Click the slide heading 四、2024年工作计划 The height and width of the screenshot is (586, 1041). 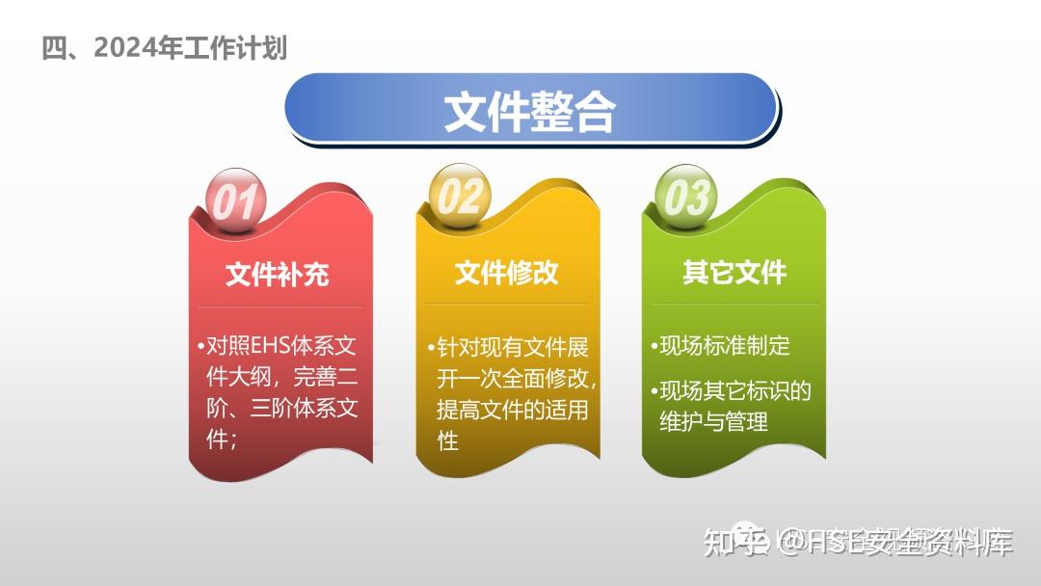point(164,47)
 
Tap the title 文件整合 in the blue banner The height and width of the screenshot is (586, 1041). point(529,112)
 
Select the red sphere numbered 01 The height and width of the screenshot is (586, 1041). point(234,202)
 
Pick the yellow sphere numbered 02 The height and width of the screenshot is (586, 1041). point(460,197)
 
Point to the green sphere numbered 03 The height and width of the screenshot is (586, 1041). point(686,198)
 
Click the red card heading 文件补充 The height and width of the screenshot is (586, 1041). point(278,274)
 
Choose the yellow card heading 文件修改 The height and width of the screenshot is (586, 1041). point(507,273)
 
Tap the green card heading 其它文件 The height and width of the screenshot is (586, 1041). point(734,273)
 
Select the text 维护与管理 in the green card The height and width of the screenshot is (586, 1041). point(714,421)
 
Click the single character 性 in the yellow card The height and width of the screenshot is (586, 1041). point(448,440)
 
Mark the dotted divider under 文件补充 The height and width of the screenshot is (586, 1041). point(280,307)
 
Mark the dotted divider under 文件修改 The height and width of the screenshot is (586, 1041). point(507,305)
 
